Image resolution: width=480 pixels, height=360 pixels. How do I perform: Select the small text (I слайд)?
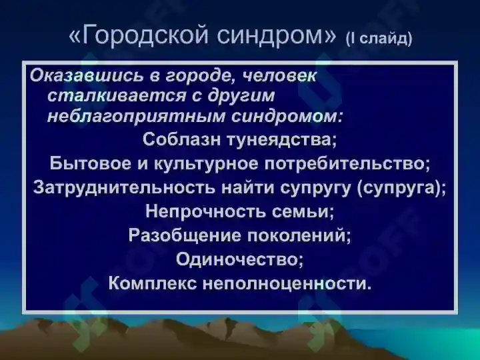[x=379, y=39]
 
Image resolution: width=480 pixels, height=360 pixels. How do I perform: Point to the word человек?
[x=282, y=76]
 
